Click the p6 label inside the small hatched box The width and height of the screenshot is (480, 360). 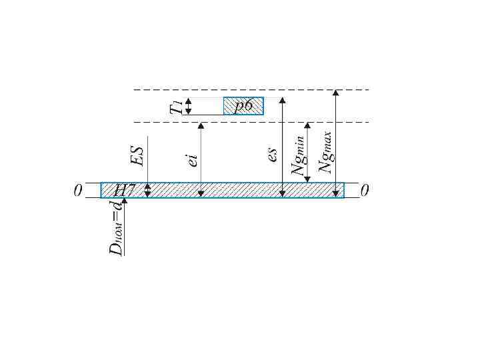point(244,106)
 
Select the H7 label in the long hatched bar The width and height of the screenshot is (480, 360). point(124,191)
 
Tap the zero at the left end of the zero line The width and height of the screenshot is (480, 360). point(78,191)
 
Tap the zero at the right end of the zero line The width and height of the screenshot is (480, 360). point(364,191)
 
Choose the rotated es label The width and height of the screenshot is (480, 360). point(273,155)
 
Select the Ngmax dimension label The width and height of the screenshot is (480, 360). point(326,152)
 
